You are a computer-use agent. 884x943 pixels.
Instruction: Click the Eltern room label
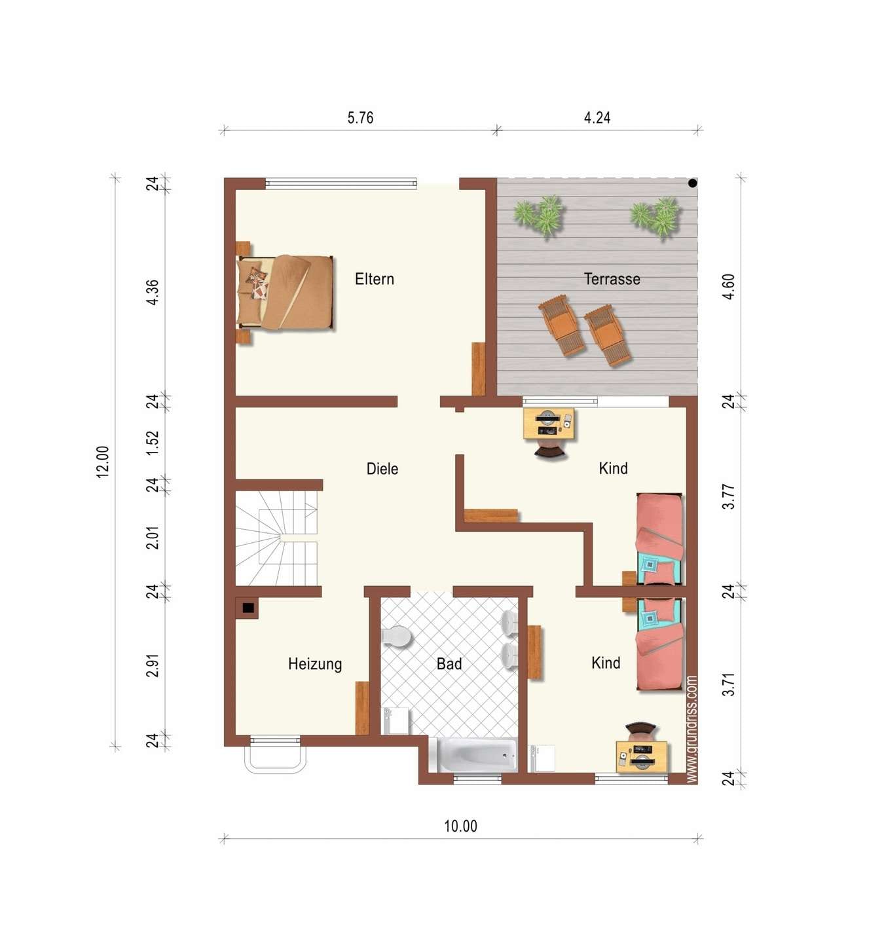[x=375, y=279]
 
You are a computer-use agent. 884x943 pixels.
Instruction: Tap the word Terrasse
[x=612, y=279]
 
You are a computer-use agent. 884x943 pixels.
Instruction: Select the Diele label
[x=382, y=469]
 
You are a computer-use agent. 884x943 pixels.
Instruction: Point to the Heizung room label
[x=315, y=664]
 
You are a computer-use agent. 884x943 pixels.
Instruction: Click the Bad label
[x=449, y=663]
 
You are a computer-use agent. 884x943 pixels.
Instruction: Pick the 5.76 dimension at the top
[x=360, y=117]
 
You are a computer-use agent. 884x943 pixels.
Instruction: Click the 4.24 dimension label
[x=597, y=117]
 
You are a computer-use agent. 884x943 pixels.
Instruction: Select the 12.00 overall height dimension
[x=103, y=462]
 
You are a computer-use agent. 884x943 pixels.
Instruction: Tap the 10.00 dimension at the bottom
[x=460, y=826]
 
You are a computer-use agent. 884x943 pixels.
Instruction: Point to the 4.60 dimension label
[x=728, y=287]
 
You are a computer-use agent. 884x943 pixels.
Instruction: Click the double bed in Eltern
[x=285, y=292]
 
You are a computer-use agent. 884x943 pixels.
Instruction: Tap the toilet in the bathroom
[x=396, y=637]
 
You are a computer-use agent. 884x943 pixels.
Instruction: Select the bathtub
[x=477, y=754]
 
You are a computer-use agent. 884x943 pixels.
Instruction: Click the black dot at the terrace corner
[x=693, y=182]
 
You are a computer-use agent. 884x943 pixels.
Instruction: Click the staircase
[x=276, y=538]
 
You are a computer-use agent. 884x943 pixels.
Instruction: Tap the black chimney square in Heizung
[x=248, y=608]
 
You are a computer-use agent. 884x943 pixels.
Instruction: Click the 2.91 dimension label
[x=152, y=665]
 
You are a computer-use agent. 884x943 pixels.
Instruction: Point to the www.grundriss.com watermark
[x=691, y=729]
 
